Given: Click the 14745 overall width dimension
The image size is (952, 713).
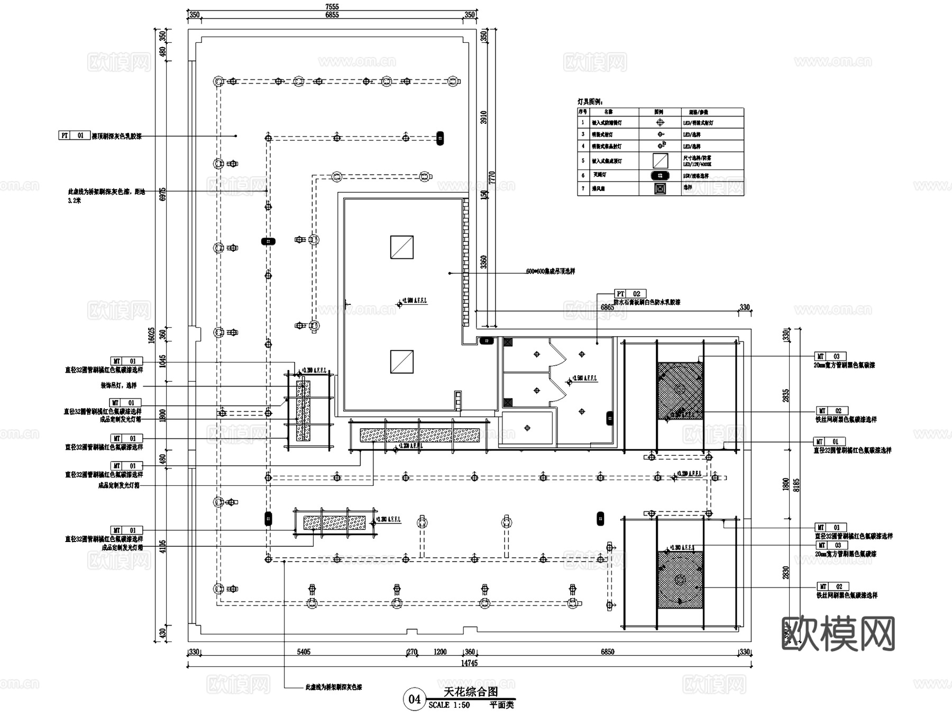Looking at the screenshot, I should pos(469,663).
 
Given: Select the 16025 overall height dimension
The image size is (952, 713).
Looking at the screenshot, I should pos(152,335).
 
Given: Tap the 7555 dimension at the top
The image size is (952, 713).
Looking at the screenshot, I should pos(332,7).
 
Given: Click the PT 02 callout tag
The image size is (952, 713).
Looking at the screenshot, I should pos(630,294).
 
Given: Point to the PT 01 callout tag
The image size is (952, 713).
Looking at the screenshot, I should pos(74,136).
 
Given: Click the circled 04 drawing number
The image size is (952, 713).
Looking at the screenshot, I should pos(414,699).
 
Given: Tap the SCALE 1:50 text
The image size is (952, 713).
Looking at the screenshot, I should pos(449,705).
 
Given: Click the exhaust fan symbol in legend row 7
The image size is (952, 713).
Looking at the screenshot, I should pos(660,188).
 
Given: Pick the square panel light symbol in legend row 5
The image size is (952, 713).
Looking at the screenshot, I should pos(660,160).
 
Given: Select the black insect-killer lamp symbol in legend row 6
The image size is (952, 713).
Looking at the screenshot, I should pos(660,175).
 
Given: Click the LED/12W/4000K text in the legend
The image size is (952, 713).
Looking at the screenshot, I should pos(697,164).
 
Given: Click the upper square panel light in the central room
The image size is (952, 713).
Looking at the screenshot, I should pos(402,247).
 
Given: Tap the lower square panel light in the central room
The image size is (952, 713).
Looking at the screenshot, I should pos(402,362).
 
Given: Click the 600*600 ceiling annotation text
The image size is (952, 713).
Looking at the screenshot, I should pos(550,272).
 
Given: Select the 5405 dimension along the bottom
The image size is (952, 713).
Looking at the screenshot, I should pos(304,652).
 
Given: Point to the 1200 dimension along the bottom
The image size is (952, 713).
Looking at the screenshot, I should pos(440,652).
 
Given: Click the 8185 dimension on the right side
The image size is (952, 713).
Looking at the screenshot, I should pos(797,484).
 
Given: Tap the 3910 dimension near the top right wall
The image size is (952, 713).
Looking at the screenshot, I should pos(483,118).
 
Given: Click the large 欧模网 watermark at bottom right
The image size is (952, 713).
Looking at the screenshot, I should pos(838,633).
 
